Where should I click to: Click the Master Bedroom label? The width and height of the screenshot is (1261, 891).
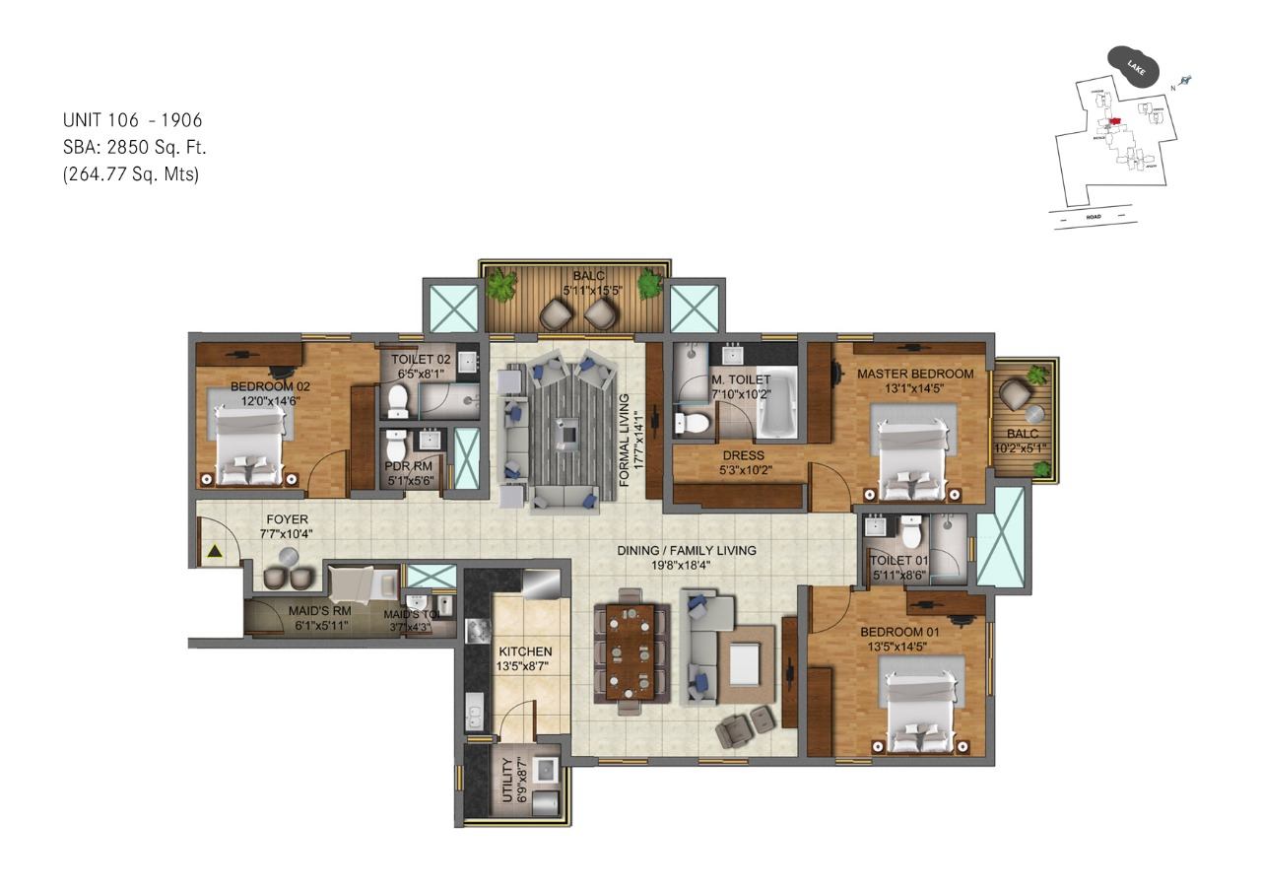point(914,375)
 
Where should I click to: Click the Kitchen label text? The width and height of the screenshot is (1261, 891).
point(524,651)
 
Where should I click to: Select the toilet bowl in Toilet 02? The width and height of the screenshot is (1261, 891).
point(399,399)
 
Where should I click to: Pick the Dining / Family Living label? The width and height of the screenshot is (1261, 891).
point(687,551)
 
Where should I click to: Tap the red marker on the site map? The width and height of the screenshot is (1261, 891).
point(1113,123)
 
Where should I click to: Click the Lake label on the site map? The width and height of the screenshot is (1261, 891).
point(1135,66)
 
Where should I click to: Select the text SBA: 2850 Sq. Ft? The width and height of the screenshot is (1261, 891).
point(135,148)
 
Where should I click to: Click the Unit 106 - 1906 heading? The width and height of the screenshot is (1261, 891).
point(133,120)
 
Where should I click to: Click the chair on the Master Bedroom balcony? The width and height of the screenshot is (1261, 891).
point(1013,395)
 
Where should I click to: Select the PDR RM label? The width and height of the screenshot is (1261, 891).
point(408,466)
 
